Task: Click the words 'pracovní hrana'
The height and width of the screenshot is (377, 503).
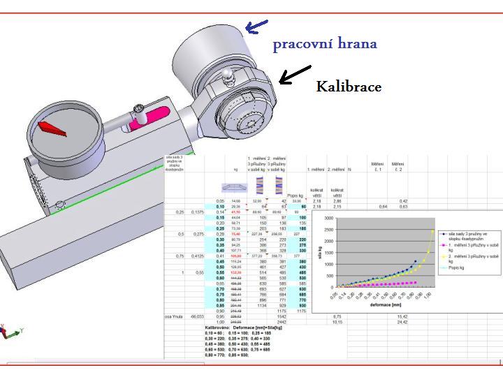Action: pyautogui.click(x=325, y=44)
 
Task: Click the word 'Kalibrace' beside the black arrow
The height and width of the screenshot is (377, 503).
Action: pyautogui.click(x=349, y=87)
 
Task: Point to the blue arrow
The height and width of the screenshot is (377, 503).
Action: pyautogui.click(x=256, y=26)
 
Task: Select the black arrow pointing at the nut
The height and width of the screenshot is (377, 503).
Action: pyautogui.click(x=295, y=73)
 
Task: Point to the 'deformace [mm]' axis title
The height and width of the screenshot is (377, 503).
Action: pyautogui.click(x=386, y=304)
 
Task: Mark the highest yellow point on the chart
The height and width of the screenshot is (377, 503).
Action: pyautogui.click(x=432, y=231)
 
